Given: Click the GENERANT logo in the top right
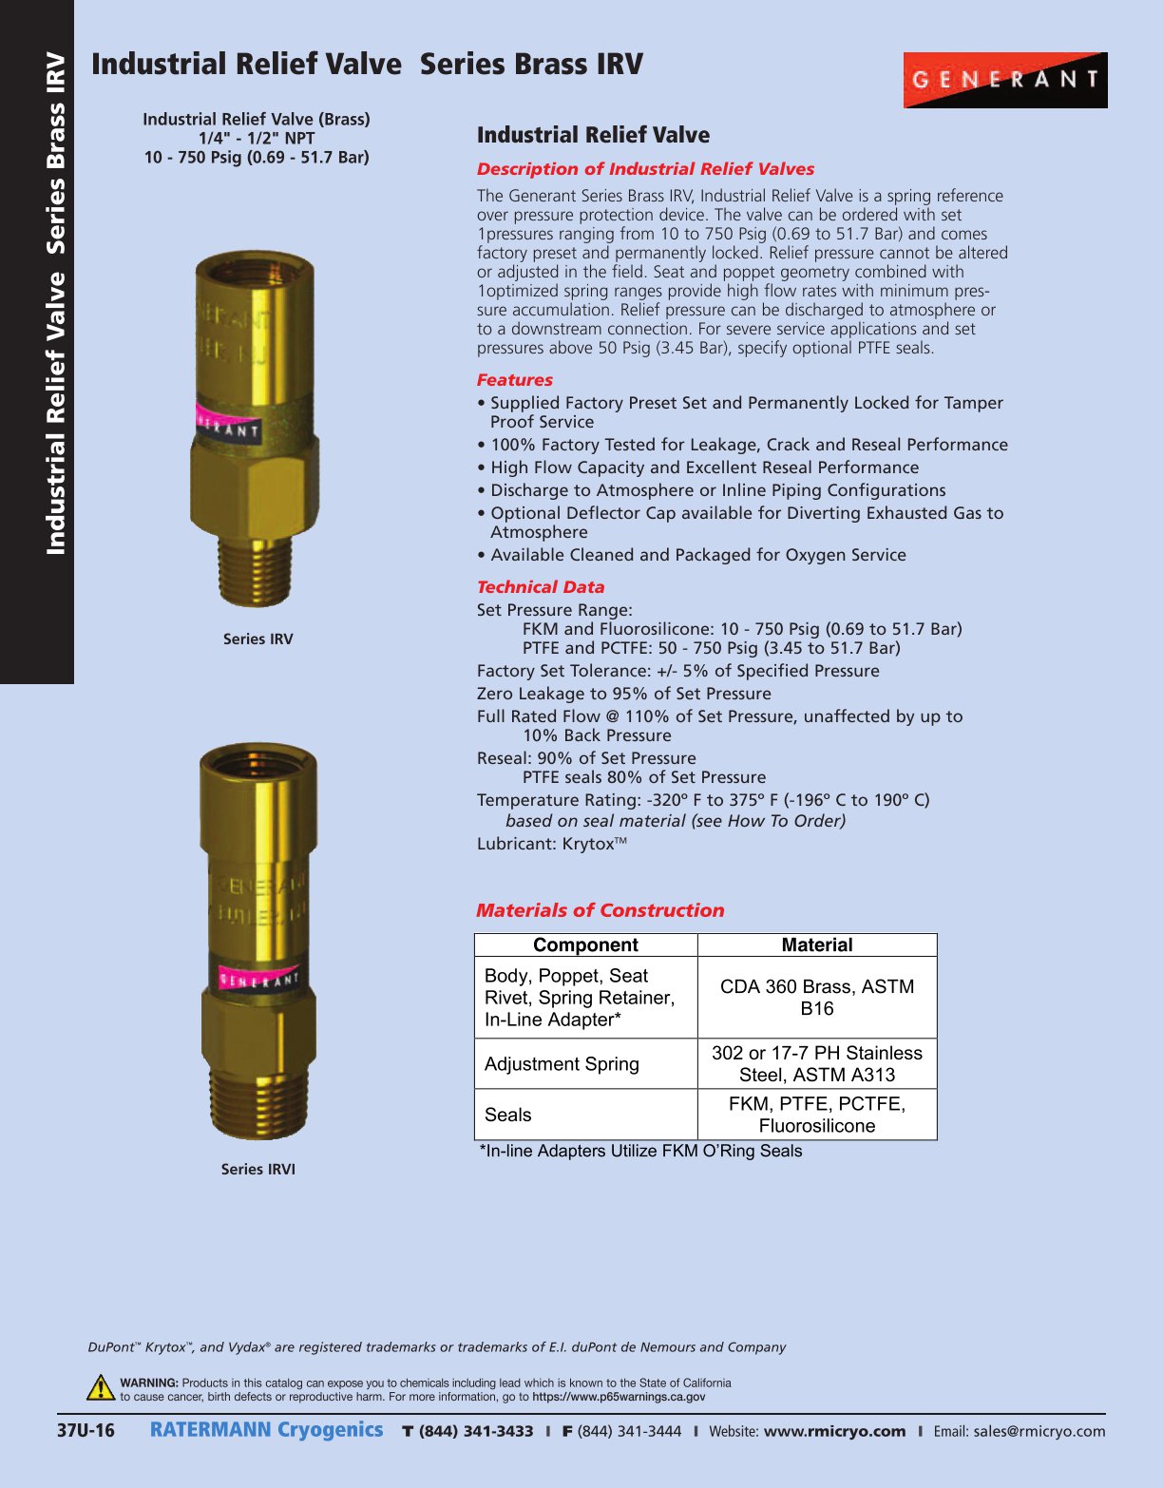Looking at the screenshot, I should [x=1005, y=80].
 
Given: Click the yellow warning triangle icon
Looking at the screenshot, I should [x=101, y=1388].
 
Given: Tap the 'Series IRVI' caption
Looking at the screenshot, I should [x=258, y=1169].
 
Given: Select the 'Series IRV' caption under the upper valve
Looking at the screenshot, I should [x=258, y=639].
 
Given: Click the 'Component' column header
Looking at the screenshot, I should [x=585, y=944].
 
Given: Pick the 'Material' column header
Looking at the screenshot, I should [x=817, y=944].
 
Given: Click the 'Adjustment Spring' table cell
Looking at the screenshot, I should [x=562, y=1064].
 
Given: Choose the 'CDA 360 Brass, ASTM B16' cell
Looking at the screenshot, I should [x=817, y=997].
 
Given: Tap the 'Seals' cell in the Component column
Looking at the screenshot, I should [x=508, y=1115].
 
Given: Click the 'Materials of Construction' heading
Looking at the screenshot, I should [x=601, y=910].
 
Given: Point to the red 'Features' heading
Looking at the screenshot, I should [x=515, y=380].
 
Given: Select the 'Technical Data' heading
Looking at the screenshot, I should [x=541, y=587].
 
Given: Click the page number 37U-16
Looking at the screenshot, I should [x=86, y=1431].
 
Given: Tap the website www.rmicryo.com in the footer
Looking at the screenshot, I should [x=834, y=1431].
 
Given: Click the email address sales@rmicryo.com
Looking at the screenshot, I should [x=1039, y=1431].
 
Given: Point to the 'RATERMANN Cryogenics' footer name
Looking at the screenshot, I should [x=267, y=1430].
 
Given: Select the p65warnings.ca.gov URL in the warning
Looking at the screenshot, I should [x=619, y=1397].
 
